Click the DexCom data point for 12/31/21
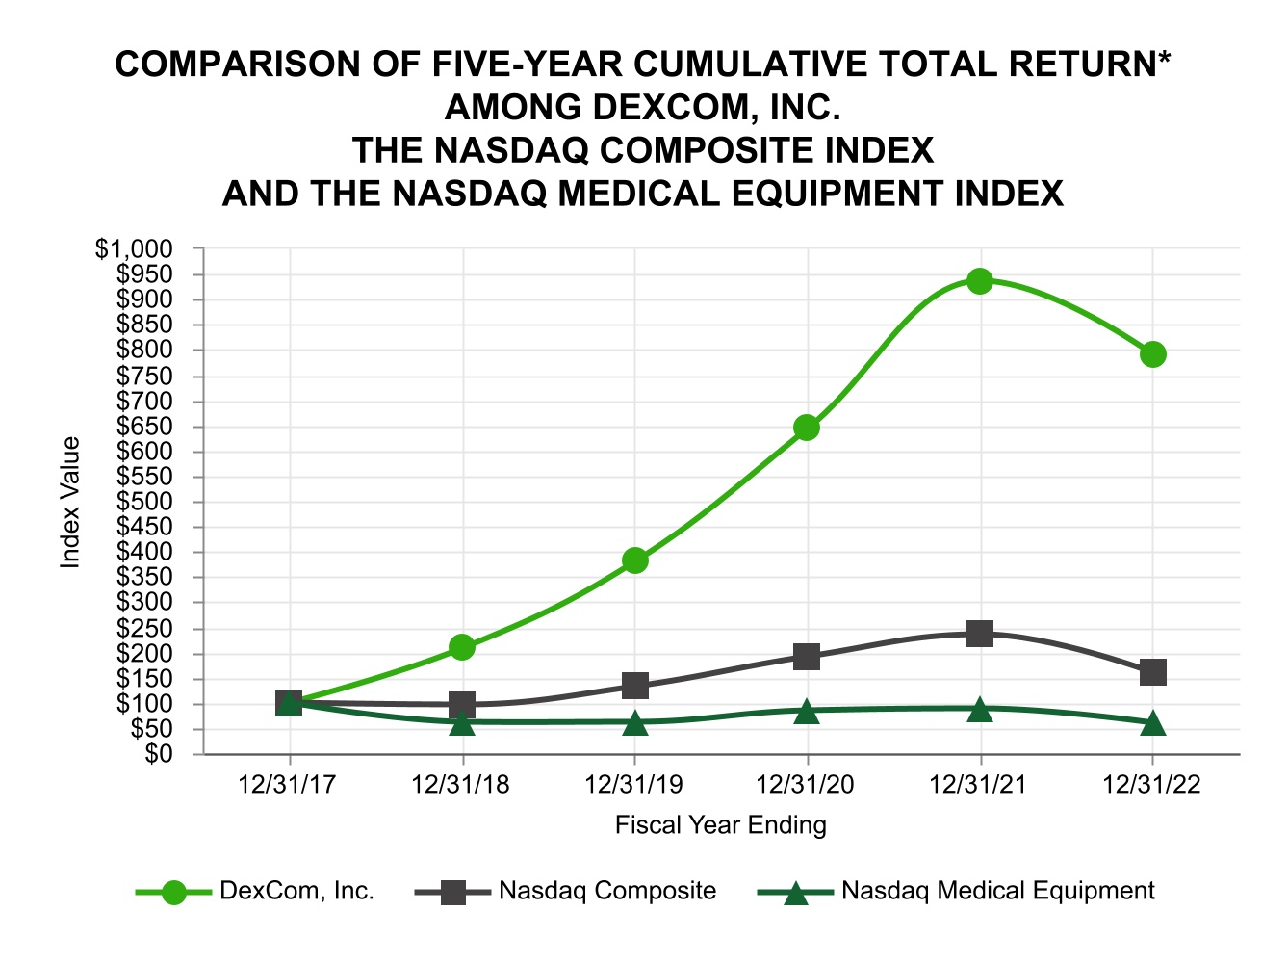[x=980, y=281]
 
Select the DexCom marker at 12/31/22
[x=1153, y=354]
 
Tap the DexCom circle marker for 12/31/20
[x=807, y=428]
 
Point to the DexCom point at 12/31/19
[x=634, y=560]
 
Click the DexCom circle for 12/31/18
[x=462, y=647]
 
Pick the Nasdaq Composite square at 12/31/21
[x=980, y=634]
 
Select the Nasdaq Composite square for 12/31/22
[x=1153, y=672]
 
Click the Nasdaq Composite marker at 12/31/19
[x=634, y=686]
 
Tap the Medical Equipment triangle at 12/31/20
[x=807, y=711]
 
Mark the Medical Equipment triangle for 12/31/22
[x=1153, y=723]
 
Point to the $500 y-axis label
[x=145, y=502]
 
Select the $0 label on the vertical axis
[x=159, y=754]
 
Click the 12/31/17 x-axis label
[x=288, y=785]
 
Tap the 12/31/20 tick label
[x=806, y=785]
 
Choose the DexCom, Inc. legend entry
[x=296, y=891]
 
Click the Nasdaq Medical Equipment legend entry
[x=997, y=891]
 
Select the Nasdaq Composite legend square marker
[x=453, y=892]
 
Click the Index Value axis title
[x=70, y=502]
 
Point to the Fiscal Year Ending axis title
[x=720, y=825]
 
